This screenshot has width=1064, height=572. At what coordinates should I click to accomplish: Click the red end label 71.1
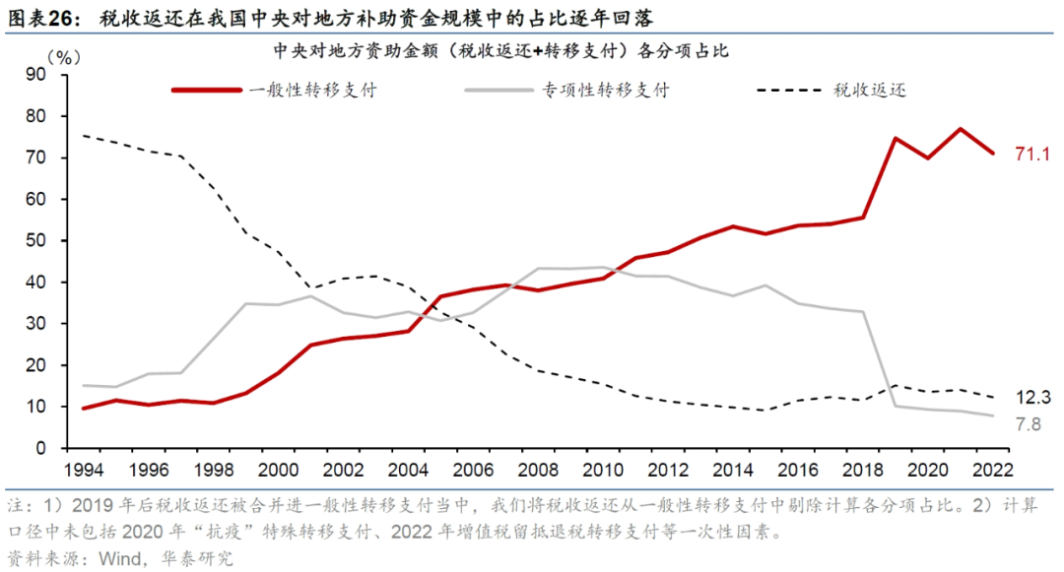click(1033, 155)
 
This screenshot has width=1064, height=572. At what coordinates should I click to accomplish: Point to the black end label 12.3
click(1033, 399)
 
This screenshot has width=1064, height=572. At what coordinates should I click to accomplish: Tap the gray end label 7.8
click(1030, 424)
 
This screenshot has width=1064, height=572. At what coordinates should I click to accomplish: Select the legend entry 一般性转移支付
click(312, 90)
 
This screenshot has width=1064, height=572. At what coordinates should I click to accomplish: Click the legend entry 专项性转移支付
click(605, 90)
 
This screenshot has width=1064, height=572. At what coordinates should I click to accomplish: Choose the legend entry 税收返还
click(869, 90)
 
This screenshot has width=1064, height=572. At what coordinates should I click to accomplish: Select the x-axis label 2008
click(538, 472)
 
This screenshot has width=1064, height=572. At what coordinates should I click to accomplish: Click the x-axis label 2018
click(863, 472)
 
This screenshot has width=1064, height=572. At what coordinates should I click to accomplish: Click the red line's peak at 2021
click(961, 129)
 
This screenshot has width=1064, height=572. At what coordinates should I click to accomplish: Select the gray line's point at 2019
click(896, 406)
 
